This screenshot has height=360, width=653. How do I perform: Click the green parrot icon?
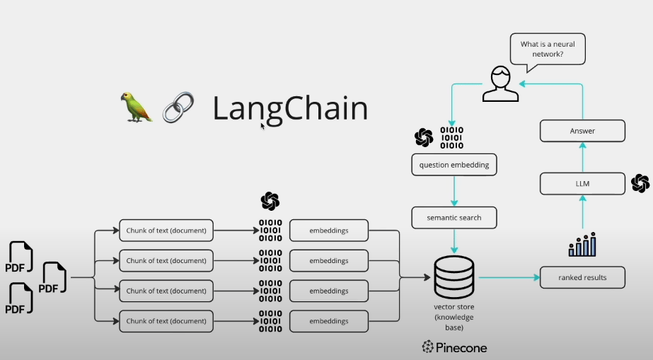[x=137, y=107]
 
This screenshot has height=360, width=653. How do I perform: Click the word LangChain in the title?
[x=290, y=109]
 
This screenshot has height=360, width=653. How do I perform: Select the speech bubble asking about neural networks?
[x=547, y=50]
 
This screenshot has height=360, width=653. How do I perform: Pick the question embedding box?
[x=454, y=165]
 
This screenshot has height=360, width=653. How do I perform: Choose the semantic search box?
[x=454, y=217]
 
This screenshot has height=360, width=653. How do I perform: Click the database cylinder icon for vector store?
[x=453, y=277]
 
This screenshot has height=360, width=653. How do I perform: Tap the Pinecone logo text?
[x=454, y=347]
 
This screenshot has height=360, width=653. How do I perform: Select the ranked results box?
[x=582, y=277]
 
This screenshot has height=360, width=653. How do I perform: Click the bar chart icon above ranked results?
[x=582, y=244]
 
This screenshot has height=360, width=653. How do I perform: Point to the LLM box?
[x=582, y=184]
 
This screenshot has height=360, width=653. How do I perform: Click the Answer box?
[x=582, y=131]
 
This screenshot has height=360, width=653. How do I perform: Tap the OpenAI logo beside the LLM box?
[x=640, y=184]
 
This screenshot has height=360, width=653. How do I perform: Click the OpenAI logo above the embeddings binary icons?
[x=270, y=201]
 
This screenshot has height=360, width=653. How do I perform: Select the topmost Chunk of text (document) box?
[x=166, y=230]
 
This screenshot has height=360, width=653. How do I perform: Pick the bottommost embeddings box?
[x=329, y=321]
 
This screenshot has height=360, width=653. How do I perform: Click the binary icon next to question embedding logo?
[x=452, y=137]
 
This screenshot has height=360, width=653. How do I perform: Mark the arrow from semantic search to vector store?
[x=454, y=242]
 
